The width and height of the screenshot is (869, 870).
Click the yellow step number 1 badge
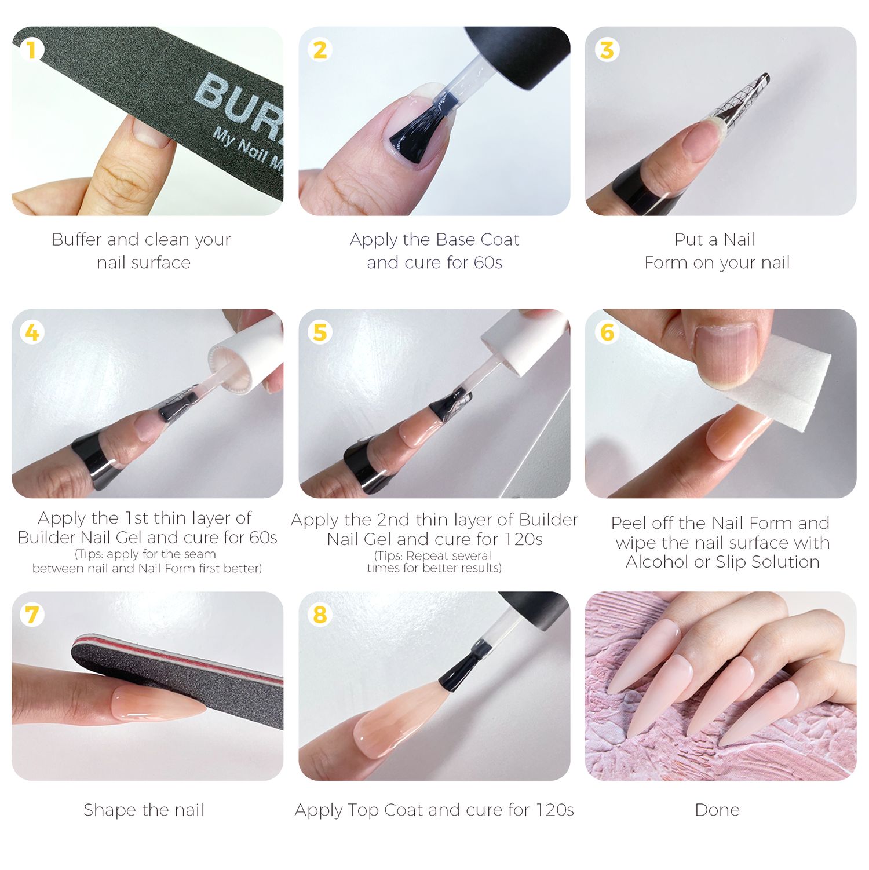(31, 49)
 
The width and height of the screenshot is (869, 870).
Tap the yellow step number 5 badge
(320, 332)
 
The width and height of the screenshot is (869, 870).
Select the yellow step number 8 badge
(320, 615)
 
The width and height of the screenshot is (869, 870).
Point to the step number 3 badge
(607, 49)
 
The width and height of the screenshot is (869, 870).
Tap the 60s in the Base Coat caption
(488, 262)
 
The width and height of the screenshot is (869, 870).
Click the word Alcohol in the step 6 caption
(656, 562)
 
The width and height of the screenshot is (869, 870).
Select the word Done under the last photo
(717, 810)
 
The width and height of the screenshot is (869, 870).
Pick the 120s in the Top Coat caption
(553, 810)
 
